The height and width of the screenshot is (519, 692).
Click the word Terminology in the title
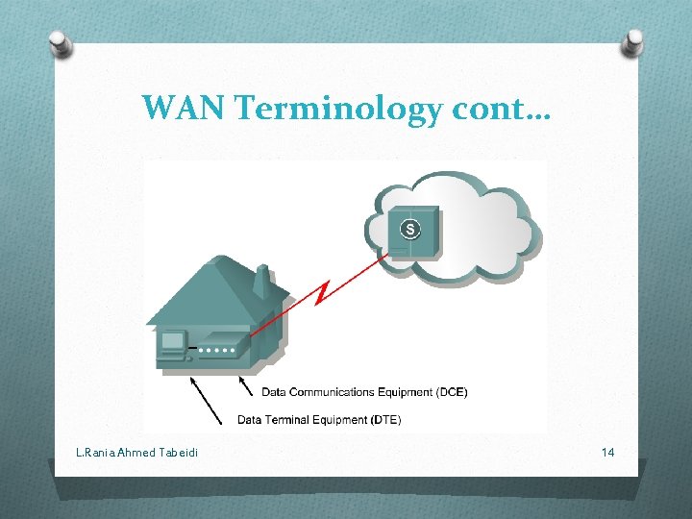(336, 109)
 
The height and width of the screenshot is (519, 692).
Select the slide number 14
(607, 452)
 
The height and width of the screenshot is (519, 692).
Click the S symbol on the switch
(410, 229)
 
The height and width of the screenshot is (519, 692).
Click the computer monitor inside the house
(174, 342)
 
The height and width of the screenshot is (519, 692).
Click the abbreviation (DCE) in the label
(451, 392)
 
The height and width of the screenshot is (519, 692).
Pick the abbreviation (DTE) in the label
(384, 420)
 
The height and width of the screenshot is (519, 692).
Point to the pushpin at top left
(61, 43)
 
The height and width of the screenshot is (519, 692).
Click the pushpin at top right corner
(633, 40)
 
